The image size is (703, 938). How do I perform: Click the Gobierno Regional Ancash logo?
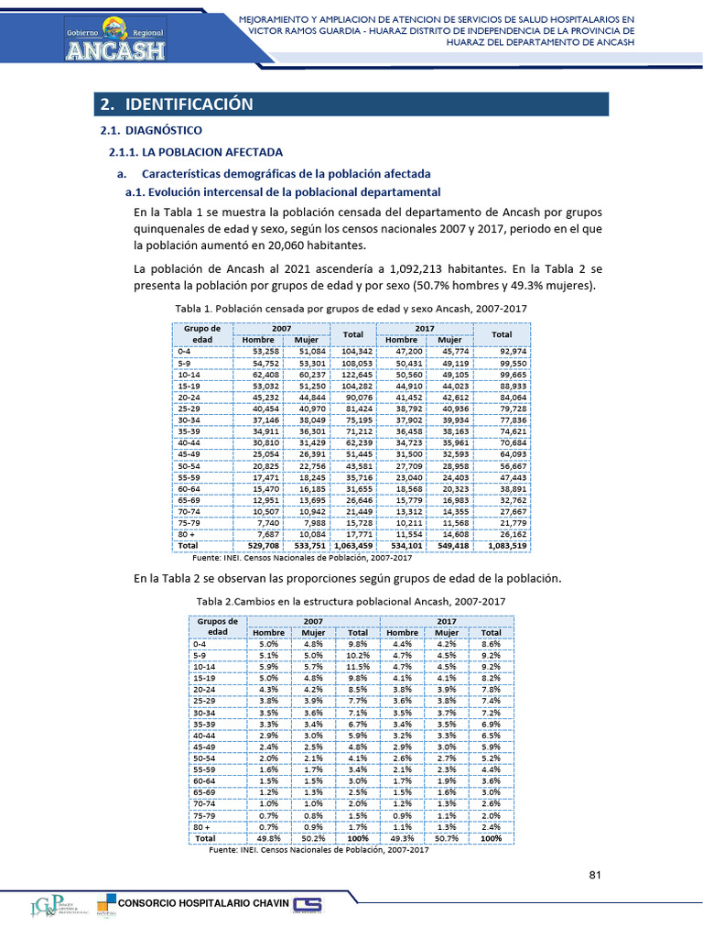[115, 38]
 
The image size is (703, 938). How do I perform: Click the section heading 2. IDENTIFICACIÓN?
[176, 104]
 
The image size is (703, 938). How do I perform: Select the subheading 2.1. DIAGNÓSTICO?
[150, 131]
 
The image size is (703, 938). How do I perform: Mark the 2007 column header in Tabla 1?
[281, 327]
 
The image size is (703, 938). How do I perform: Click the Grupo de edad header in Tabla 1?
[201, 333]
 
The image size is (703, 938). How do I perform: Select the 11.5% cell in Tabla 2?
[357, 668]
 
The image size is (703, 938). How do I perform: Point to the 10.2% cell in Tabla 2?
[357, 656]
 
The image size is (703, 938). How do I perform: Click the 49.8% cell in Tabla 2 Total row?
[268, 838]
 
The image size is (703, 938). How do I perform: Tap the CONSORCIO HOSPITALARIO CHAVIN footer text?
[204, 905]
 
